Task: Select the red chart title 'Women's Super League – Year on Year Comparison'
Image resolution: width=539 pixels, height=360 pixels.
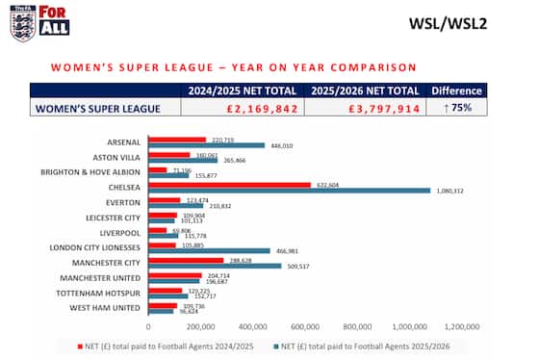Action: point(233,67)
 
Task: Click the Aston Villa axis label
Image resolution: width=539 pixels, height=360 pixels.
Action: point(118,157)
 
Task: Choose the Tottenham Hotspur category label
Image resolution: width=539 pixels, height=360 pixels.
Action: point(106,293)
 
